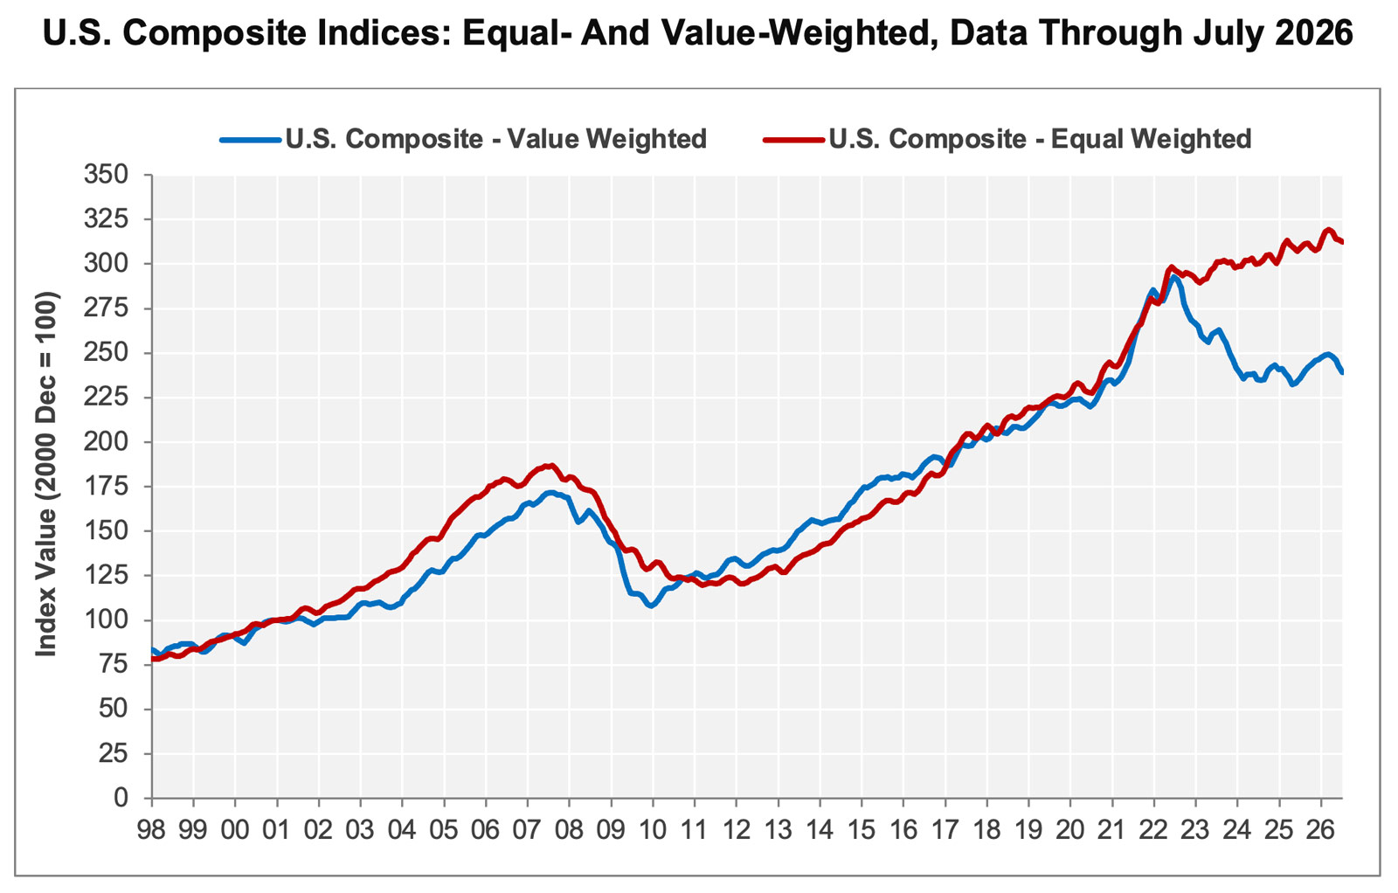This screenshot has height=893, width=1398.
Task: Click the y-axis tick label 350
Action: pyautogui.click(x=106, y=175)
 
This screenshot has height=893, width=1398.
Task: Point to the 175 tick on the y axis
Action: pyautogui.click(x=106, y=487)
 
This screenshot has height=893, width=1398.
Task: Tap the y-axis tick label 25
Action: pyautogui.click(x=113, y=754)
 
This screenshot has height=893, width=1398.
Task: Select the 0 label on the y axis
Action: pyautogui.click(x=121, y=798)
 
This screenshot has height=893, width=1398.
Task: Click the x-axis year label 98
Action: pyautogui.click(x=151, y=831)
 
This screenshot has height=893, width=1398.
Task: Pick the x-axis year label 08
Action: pyautogui.click(x=569, y=831)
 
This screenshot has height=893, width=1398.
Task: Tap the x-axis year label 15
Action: pyautogui.click(x=862, y=831)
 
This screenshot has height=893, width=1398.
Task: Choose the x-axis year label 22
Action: pyautogui.click(x=1154, y=831)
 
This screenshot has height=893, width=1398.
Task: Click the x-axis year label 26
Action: pyautogui.click(x=1321, y=831)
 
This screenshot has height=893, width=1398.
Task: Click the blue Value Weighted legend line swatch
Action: pyautogui.click(x=250, y=140)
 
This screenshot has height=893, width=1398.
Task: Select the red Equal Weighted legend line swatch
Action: pyautogui.click(x=794, y=140)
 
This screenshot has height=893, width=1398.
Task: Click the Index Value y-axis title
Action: pyautogui.click(x=46, y=474)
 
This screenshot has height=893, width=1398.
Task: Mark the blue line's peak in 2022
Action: pyautogui.click(x=1173, y=276)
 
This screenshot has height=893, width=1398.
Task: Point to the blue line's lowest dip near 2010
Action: pyautogui.click(x=651, y=606)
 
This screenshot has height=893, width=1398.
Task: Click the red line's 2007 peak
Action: pyautogui.click(x=550, y=465)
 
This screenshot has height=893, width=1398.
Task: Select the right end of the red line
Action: pyautogui.click(x=1342, y=242)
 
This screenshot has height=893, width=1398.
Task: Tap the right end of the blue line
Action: pyautogui.click(x=1342, y=372)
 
